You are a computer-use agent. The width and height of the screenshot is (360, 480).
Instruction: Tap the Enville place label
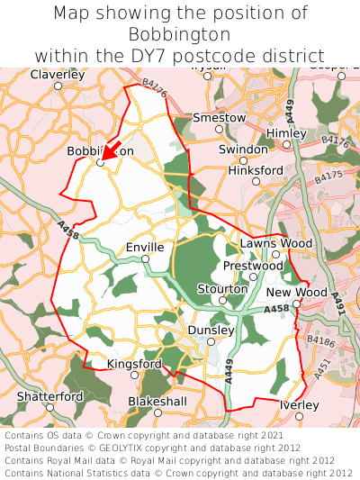pyautogui.click(x=145, y=247)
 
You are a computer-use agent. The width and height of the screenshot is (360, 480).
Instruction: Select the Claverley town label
pyautogui.click(x=57, y=75)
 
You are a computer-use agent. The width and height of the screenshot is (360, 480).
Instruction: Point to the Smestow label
pyautogui.click(x=219, y=117)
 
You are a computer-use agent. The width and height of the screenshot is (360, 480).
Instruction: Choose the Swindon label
pyautogui.click(x=243, y=149)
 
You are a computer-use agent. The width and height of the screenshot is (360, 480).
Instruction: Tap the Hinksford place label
pyautogui.click(x=256, y=169)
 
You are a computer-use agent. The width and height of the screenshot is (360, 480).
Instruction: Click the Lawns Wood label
pyautogui.click(x=276, y=243)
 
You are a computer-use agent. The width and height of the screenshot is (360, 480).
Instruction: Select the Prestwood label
pyautogui.click(x=252, y=266)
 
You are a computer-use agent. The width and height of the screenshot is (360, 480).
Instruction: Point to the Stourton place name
pyautogui.click(x=221, y=288)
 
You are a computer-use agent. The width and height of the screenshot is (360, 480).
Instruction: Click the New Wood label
pyautogui.click(x=297, y=293)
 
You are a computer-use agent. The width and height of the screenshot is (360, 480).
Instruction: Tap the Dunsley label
pyautogui.click(x=210, y=331)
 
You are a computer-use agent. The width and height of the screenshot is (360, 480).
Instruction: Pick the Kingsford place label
pyautogui.click(x=134, y=364)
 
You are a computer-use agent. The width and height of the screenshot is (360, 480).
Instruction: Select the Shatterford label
pyautogui.click(x=49, y=396)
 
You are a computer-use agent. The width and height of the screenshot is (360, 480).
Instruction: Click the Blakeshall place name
pyautogui.click(x=157, y=400)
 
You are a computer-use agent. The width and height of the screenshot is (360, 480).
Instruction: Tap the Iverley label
pyautogui.click(x=299, y=405)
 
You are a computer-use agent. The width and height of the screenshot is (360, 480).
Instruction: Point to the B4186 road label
pyautogui.click(x=320, y=340)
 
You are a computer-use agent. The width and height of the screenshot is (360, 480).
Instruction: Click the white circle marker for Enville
pyautogui.click(x=145, y=259)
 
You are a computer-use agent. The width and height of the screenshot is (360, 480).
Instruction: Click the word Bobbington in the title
pyautogui.click(x=180, y=34)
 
